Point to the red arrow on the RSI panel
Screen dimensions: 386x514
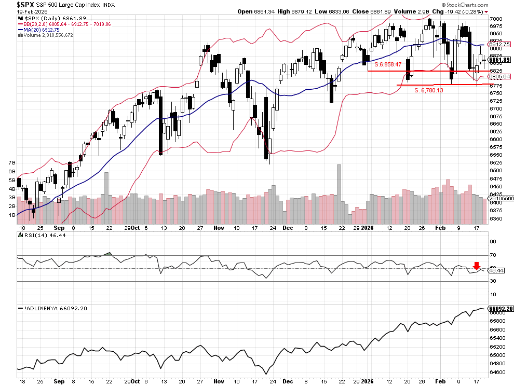476,266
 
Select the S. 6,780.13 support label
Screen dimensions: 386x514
428,90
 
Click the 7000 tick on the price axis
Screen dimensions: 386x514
496,19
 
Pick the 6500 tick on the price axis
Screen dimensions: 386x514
496,170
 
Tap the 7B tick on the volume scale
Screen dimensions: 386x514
11,162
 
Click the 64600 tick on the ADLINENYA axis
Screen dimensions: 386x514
497,372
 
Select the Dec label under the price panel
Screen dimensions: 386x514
288,228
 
